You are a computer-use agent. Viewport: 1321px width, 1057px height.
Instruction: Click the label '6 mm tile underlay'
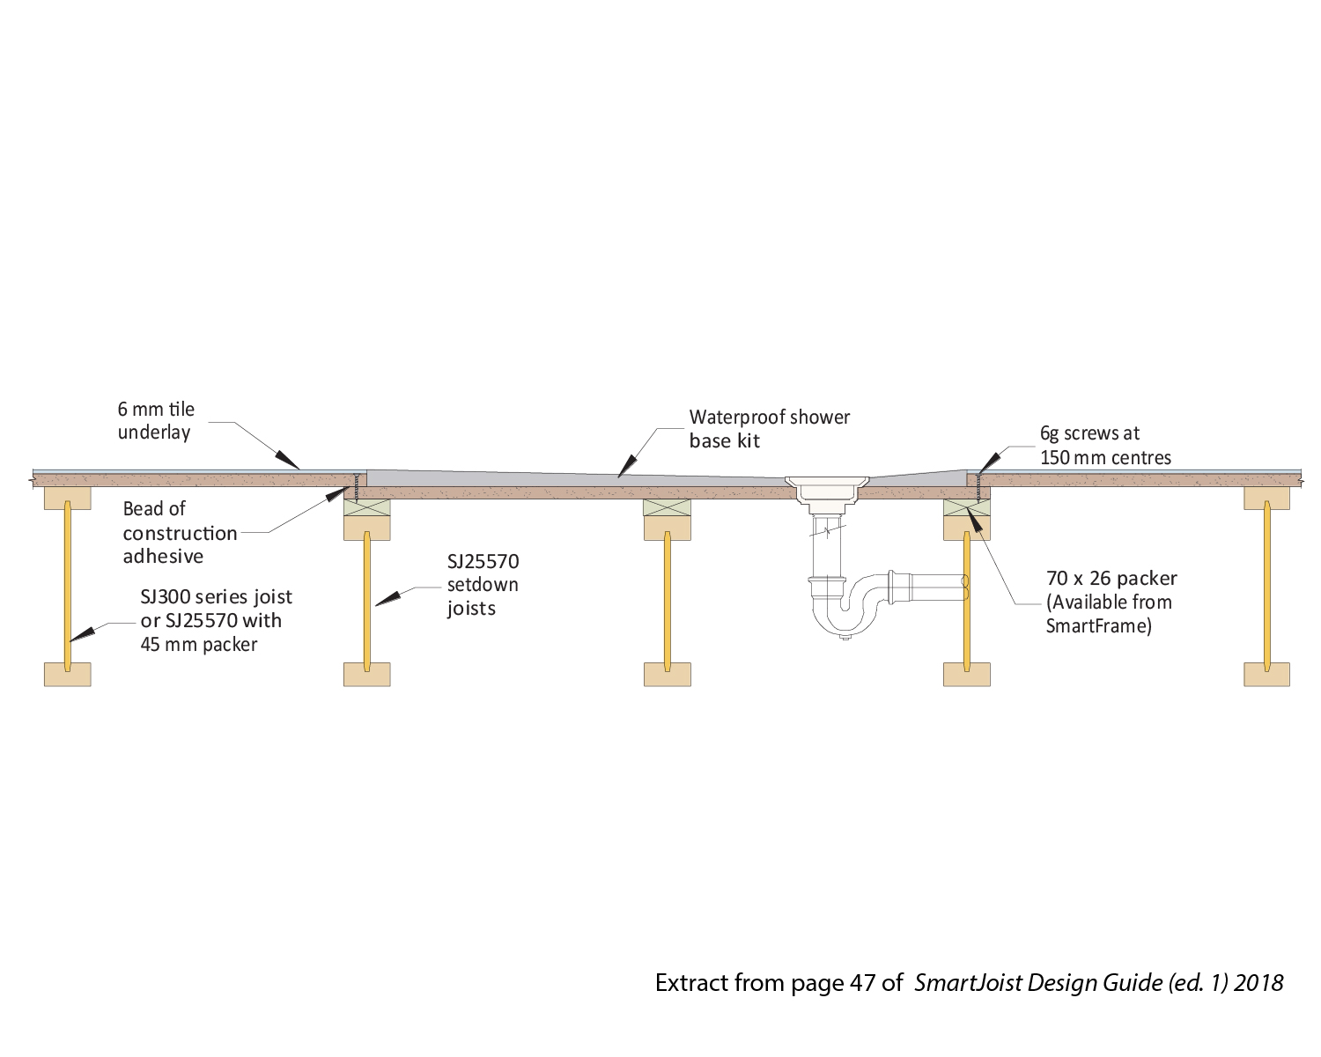point(156,421)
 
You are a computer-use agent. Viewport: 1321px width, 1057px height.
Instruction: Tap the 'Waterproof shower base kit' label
point(769,429)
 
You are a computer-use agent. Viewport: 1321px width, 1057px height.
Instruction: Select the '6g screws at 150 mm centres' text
point(1105,446)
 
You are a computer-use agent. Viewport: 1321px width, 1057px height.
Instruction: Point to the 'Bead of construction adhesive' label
point(180,533)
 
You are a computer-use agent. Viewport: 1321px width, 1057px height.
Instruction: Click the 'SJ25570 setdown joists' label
point(483,585)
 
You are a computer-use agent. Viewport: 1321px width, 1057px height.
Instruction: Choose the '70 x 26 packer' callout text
point(1111,578)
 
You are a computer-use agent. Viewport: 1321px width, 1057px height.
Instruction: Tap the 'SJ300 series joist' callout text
point(216,596)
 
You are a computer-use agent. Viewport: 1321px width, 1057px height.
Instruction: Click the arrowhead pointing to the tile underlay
point(288,461)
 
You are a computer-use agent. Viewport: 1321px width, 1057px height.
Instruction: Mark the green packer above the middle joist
point(668,507)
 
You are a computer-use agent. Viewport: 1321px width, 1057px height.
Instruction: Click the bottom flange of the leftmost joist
point(68,675)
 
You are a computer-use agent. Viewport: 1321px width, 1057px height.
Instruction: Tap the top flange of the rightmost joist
point(1267,498)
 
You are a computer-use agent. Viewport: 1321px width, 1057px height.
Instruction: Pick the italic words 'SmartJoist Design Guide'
point(1038,983)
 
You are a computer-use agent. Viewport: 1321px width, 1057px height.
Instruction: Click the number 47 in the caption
point(863,983)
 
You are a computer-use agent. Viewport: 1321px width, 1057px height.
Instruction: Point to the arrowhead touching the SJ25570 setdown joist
point(387,599)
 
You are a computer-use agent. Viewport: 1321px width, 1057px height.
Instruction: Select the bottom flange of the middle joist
point(668,675)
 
